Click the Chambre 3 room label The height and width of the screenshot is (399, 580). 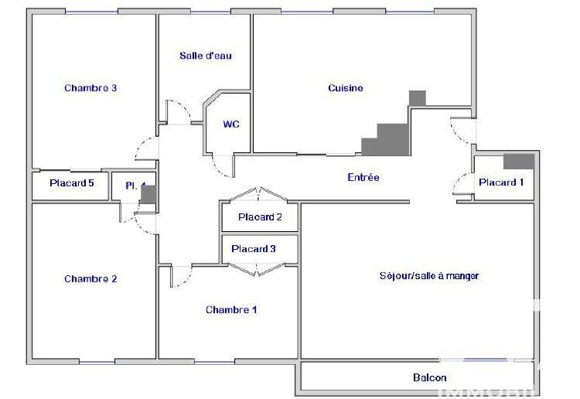coord(90,88)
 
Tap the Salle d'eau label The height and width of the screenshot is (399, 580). coord(205,56)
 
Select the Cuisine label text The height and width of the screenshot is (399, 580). coord(345,88)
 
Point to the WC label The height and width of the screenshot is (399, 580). coord(231,124)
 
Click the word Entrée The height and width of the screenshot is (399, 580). coord(363,178)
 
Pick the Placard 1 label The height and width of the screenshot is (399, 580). coord(501,182)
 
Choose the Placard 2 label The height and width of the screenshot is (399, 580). coord(260,217)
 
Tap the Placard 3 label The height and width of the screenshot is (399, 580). coord(254,249)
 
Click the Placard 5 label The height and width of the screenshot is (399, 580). coord(72,183)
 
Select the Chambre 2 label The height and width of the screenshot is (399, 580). coord(90,279)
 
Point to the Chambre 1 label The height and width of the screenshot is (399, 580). coord(231,310)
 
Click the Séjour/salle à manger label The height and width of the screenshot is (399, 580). coord(429,276)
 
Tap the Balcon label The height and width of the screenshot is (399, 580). coord(429,378)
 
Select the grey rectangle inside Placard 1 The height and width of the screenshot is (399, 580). coord(518,161)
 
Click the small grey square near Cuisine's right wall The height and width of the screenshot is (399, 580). coord(417,98)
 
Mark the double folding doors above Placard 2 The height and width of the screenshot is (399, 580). coord(259,193)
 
